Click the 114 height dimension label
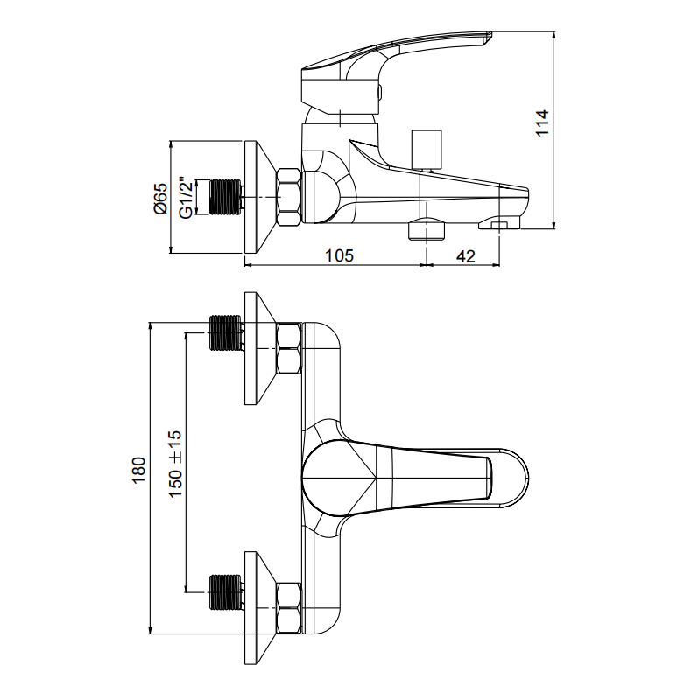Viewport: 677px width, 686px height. pos(542,122)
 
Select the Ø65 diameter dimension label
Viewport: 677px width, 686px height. pos(160,198)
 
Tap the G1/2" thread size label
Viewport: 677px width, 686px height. pos(186,198)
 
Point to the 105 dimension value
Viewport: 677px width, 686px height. pos(339,255)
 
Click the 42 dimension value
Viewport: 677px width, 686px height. pos(466,255)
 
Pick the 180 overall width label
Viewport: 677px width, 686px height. pos(138,471)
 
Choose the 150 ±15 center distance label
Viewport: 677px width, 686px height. pos(175,464)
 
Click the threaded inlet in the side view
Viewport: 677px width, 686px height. pos(226,198)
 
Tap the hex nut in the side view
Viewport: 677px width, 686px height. pos(289,198)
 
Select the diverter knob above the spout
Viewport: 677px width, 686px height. pos(426,149)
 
